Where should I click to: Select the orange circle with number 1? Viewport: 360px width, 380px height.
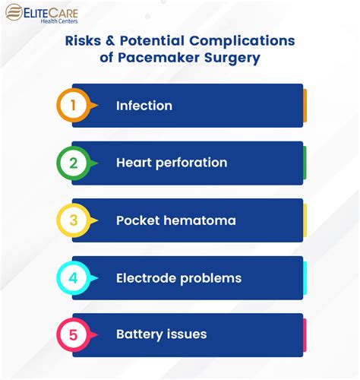click(x=73, y=106)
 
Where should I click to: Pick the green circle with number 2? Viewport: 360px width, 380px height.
click(x=73, y=163)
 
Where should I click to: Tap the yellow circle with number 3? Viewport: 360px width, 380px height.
click(x=73, y=220)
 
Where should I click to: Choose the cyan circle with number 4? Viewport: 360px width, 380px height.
click(x=73, y=277)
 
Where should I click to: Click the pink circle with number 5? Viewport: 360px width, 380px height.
click(x=73, y=334)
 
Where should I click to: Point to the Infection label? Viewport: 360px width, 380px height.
click(x=144, y=106)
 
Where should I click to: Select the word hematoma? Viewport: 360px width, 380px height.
click(x=199, y=220)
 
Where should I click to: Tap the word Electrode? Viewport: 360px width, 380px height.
click(x=147, y=277)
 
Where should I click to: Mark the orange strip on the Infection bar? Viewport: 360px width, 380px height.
click(x=305, y=106)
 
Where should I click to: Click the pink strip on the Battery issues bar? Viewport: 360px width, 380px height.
click(x=305, y=334)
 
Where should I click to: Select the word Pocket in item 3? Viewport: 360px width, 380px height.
click(x=137, y=220)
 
